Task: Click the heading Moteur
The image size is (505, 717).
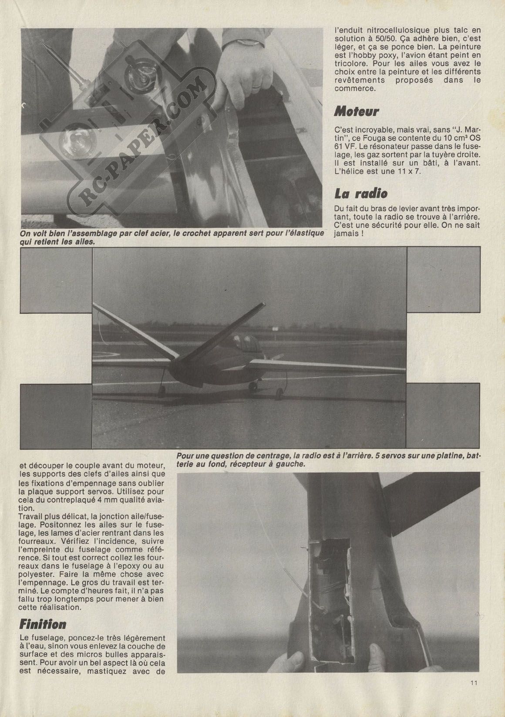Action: pos(356,112)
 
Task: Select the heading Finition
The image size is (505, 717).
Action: pos(43,624)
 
